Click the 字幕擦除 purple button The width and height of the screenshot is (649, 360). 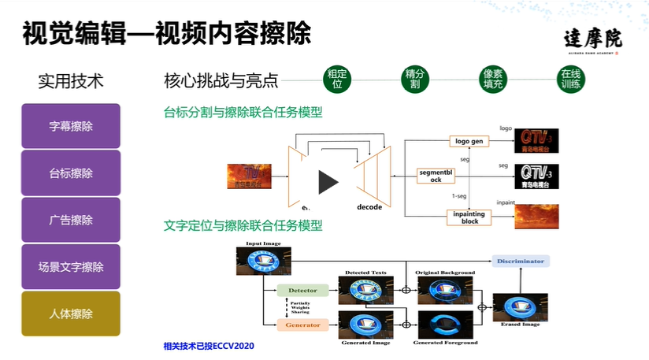pyautogui.click(x=70, y=126)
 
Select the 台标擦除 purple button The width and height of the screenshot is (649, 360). pyautogui.click(x=70, y=173)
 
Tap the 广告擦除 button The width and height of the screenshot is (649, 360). pyautogui.click(x=70, y=220)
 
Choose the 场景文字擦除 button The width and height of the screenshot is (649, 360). pyautogui.click(x=70, y=267)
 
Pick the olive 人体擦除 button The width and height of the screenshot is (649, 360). pyautogui.click(x=70, y=314)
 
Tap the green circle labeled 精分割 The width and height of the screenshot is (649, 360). pyautogui.click(x=414, y=79)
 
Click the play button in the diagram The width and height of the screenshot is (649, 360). pyautogui.click(x=327, y=182)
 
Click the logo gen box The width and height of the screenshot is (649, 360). pyautogui.click(x=469, y=141)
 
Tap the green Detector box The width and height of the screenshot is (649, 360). pyautogui.click(x=302, y=290)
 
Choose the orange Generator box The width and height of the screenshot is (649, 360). pyautogui.click(x=302, y=324)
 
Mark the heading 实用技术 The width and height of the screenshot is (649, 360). pyautogui.click(x=71, y=81)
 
